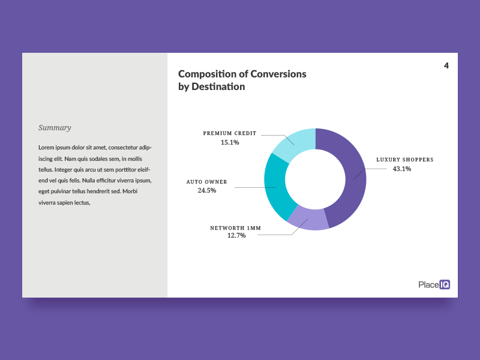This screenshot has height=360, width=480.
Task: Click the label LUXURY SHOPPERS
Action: (404, 160)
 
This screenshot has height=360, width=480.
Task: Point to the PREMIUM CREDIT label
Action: (229, 133)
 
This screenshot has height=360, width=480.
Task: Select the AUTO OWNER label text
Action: (206, 181)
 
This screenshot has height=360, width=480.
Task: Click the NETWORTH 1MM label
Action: (235, 228)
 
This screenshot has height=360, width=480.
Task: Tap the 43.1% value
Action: (402, 169)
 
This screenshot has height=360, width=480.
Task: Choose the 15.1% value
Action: (230, 143)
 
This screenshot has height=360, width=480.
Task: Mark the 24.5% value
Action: (206, 191)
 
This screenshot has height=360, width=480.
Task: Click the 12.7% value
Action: (236, 236)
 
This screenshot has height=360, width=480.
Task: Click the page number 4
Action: (446, 66)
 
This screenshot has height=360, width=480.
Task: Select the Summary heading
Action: (55, 127)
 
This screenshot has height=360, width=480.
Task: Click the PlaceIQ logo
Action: (434, 285)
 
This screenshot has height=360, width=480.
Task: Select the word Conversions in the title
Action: (278, 74)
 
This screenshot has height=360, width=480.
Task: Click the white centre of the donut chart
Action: (315, 179)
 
